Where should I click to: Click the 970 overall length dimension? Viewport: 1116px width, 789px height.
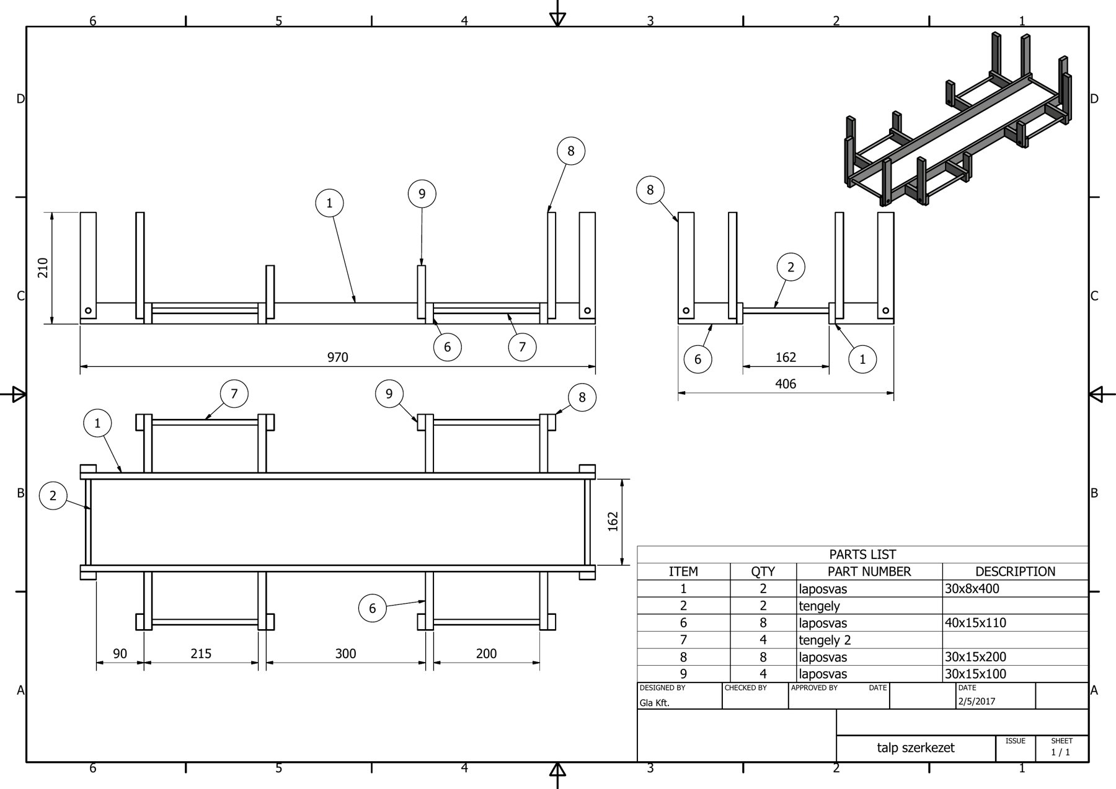(x=338, y=358)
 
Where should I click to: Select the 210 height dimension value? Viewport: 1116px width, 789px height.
(x=43, y=268)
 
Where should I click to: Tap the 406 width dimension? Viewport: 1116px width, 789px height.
(x=786, y=384)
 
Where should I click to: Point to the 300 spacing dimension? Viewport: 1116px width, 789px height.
(x=346, y=654)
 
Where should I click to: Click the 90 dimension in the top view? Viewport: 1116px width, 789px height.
(x=120, y=654)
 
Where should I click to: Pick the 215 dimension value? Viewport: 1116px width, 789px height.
(x=201, y=654)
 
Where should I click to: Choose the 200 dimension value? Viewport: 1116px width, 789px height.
(x=486, y=654)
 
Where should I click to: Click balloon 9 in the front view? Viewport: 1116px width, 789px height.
(x=422, y=194)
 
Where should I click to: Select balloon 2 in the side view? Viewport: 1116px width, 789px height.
(x=790, y=267)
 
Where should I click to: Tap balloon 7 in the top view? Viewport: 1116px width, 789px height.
(x=234, y=394)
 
